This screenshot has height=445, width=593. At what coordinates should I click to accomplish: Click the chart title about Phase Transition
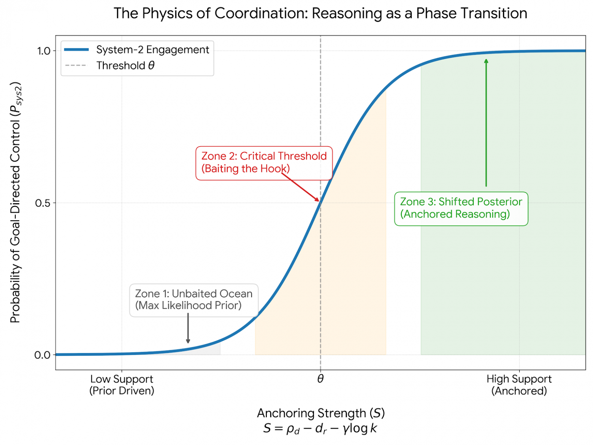tap(320, 13)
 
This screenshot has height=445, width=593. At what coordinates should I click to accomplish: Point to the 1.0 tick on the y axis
tap(43, 51)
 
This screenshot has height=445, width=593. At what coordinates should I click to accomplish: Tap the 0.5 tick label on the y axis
tap(43, 203)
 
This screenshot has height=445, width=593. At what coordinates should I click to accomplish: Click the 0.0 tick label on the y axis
tap(43, 355)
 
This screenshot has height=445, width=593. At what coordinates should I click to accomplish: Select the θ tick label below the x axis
tap(320, 379)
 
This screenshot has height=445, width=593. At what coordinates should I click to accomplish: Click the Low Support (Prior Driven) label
tap(122, 385)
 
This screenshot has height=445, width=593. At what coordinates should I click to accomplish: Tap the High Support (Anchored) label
tap(519, 385)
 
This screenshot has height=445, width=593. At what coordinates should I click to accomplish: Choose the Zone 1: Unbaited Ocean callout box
tap(193, 300)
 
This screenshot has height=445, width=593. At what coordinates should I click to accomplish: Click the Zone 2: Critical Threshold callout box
tap(264, 162)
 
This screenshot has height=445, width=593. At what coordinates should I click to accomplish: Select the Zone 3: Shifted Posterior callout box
tap(461, 208)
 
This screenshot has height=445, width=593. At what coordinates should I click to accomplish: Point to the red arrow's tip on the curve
tap(318, 200)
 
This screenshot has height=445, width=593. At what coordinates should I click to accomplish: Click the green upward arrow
tap(486, 122)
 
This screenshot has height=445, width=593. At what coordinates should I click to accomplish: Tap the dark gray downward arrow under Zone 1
tap(188, 329)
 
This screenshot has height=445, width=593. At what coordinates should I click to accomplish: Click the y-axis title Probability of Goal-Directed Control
tap(16, 202)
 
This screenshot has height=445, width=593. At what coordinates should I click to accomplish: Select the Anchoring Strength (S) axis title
tap(320, 413)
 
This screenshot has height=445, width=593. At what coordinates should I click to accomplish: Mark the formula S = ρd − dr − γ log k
tap(320, 429)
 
